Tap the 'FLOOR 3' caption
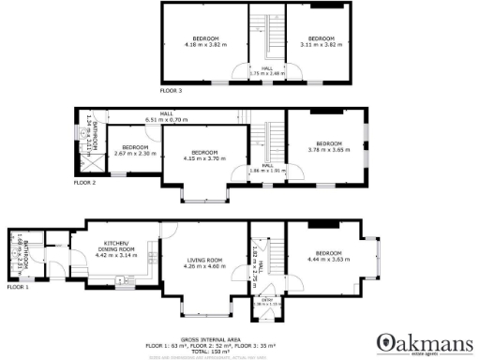pos(171,91)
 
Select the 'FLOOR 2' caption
pos(85,183)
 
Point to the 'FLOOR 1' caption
pos(18,287)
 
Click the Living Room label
pos(202,262)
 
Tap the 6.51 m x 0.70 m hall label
pos(167,117)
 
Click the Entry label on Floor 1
pos(266,302)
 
